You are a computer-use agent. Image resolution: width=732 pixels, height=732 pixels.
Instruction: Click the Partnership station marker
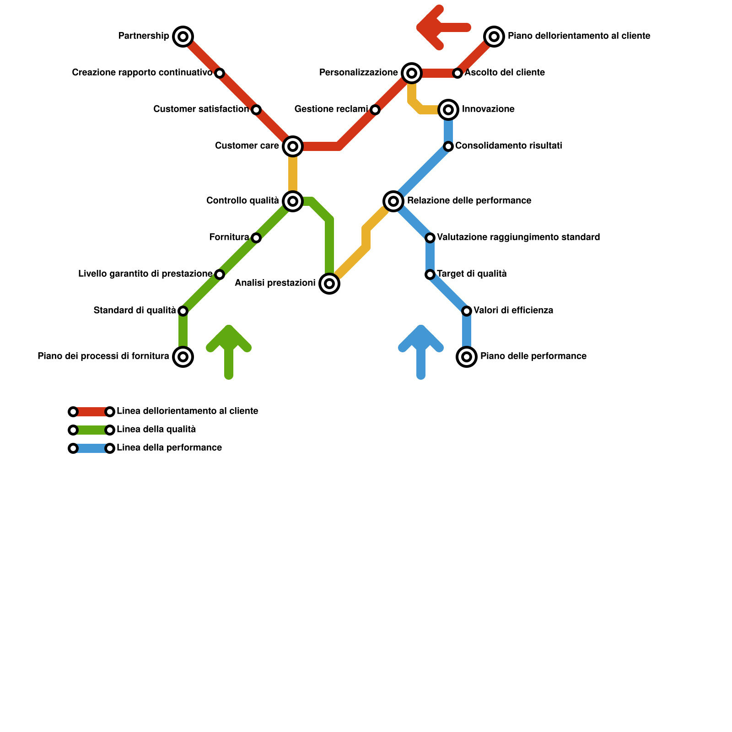(183, 37)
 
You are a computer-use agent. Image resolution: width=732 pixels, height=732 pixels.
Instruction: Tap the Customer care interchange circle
(293, 146)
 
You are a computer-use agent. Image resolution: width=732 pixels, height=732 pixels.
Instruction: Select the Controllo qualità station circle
(293, 201)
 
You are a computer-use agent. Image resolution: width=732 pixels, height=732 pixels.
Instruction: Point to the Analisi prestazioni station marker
(329, 284)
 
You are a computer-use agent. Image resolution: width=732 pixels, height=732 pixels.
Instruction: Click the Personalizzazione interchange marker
(412, 73)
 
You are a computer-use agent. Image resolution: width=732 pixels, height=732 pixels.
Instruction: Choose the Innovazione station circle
(448, 110)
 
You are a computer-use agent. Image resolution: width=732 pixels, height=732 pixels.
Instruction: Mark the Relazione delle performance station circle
(393, 201)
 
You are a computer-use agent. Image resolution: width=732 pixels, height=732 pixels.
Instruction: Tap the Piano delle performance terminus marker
(467, 357)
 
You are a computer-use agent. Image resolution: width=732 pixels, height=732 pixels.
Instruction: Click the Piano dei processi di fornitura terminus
(183, 357)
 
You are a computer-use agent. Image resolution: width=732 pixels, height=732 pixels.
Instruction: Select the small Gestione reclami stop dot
(375, 110)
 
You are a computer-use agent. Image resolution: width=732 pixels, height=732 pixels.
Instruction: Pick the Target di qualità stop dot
(430, 274)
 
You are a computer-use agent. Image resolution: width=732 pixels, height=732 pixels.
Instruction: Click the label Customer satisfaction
(201, 109)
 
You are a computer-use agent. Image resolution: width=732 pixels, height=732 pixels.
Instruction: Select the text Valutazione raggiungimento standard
(518, 237)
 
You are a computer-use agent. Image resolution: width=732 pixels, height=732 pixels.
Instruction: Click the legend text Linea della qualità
(156, 430)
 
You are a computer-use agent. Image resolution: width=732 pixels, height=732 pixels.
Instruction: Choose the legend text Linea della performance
(169, 448)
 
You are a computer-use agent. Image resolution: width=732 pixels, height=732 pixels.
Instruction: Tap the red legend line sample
(91, 412)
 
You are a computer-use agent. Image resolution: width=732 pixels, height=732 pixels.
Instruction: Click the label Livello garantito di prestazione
(145, 274)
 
